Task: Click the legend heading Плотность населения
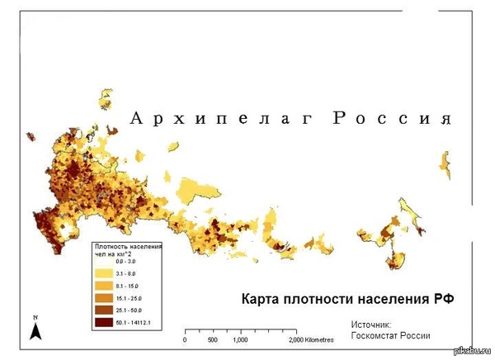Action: [x=129, y=246]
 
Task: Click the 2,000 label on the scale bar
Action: [x=298, y=340]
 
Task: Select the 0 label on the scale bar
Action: [x=185, y=340]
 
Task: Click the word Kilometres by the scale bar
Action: [x=320, y=340]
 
